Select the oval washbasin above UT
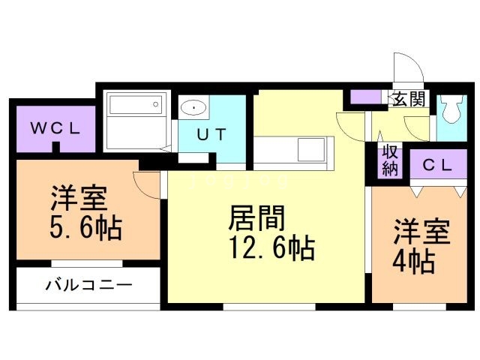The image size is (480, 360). [193, 107]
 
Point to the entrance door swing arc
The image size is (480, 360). [409, 71]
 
